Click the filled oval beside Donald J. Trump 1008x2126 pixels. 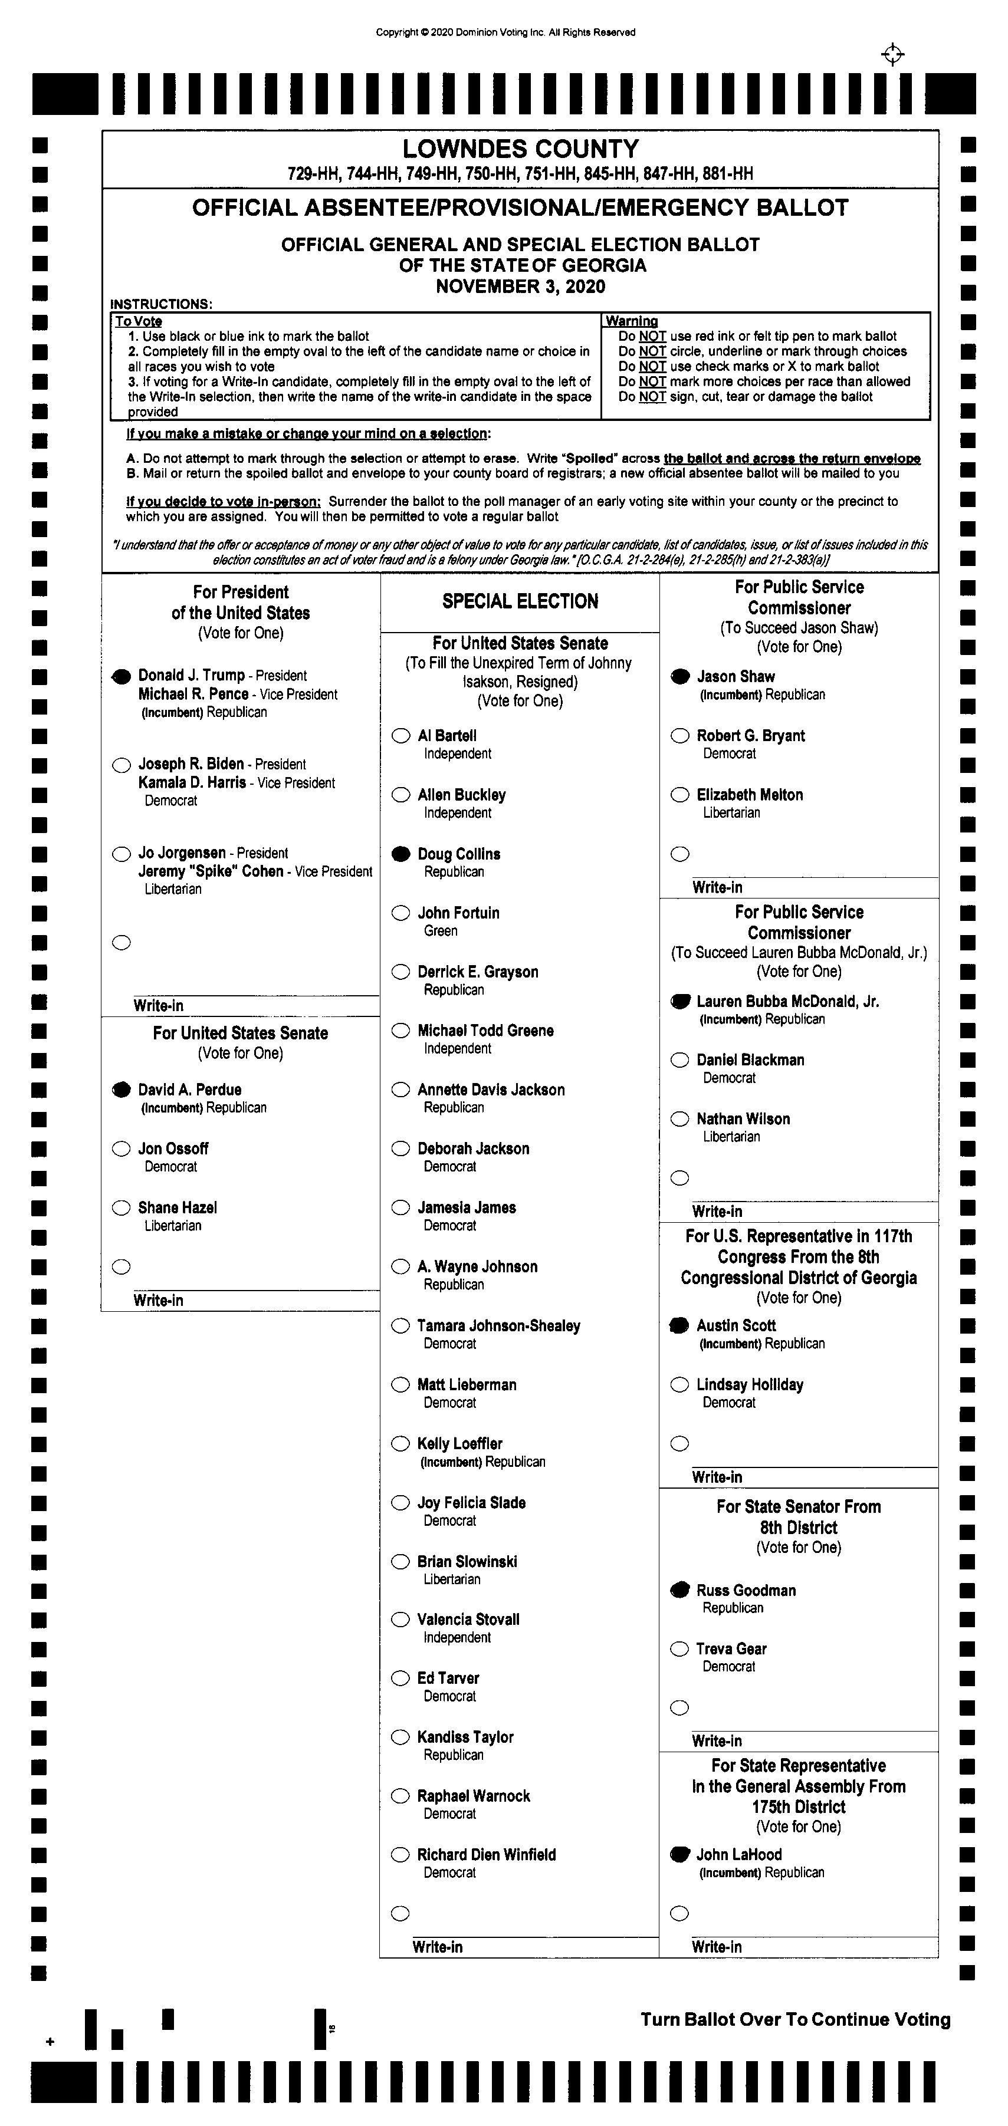click(x=122, y=676)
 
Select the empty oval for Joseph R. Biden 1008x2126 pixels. click(x=122, y=765)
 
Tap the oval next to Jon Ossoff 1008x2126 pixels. click(x=122, y=1149)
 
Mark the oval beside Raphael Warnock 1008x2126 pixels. click(x=400, y=1796)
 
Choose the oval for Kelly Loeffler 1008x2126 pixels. click(x=400, y=1443)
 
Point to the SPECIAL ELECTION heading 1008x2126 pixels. click(x=520, y=601)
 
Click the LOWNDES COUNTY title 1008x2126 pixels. click(x=520, y=149)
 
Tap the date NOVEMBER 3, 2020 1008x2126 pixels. click(x=520, y=287)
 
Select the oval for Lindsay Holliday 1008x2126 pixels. click(x=679, y=1385)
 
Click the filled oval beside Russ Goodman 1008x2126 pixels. click(x=679, y=1589)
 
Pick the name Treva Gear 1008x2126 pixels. click(x=731, y=1649)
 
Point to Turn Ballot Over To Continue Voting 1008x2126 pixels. click(x=795, y=2019)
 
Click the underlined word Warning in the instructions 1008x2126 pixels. click(x=632, y=321)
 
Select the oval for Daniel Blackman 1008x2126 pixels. click(x=679, y=1059)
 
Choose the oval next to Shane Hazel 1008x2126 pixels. click(x=122, y=1208)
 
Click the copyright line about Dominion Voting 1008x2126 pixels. click(x=505, y=33)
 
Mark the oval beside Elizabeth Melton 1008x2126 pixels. click(x=679, y=795)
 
